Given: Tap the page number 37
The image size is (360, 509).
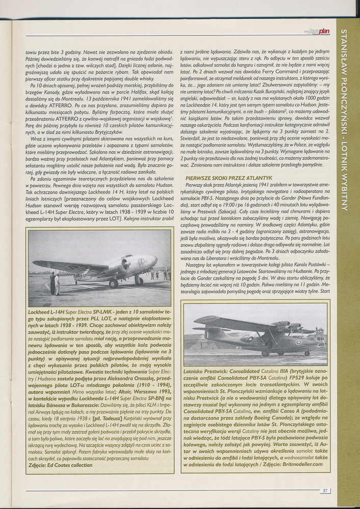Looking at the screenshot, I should point(325,491).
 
